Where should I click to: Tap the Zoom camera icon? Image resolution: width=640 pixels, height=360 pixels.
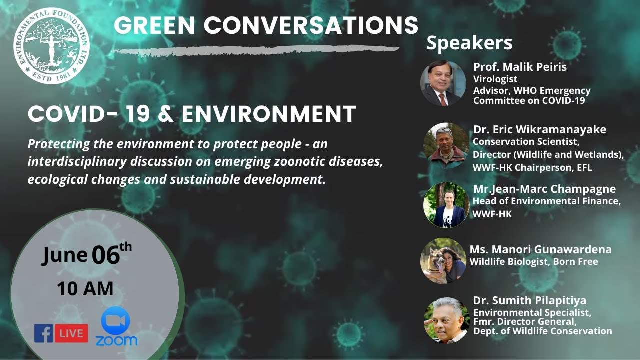115,320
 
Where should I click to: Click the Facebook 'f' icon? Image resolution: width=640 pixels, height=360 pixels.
43,333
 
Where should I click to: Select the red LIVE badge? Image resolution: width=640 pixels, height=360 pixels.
71,333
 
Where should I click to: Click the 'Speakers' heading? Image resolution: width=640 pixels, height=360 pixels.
469,43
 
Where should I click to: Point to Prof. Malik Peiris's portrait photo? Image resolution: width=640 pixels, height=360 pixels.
443,83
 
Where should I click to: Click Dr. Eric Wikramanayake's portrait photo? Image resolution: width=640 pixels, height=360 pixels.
446,145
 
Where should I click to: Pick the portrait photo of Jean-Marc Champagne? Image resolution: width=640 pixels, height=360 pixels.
446,205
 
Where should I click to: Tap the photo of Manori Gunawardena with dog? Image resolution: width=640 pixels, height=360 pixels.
443,260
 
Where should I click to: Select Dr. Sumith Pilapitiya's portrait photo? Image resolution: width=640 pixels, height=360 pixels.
446,320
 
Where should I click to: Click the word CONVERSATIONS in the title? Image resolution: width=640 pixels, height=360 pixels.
311,25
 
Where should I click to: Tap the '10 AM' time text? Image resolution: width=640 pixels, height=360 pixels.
85,289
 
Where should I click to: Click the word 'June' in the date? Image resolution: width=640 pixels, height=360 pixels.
65,255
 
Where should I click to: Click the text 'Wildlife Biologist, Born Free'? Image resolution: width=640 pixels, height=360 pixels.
534,261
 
